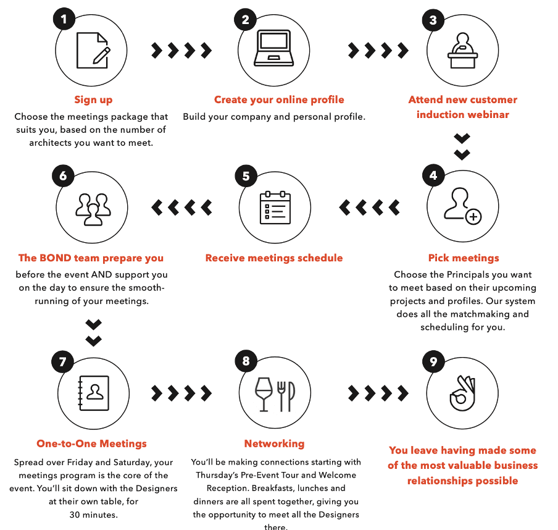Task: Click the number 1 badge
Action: [x=64, y=19]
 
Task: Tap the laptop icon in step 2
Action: [x=273, y=48]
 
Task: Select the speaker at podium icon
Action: [x=462, y=50]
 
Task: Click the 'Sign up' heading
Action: [x=93, y=99]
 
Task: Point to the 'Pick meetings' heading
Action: [x=464, y=258]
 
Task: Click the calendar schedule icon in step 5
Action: [x=275, y=208]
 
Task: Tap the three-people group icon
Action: [x=93, y=209]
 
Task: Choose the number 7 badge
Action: [x=62, y=361]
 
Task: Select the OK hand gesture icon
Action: [x=462, y=393]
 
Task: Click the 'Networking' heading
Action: [x=275, y=444]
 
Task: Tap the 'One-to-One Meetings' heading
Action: [x=91, y=444]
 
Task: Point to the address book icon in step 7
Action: [x=93, y=393]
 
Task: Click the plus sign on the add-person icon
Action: [x=473, y=217]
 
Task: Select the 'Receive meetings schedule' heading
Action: [x=274, y=258]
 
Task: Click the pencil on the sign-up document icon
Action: [x=101, y=56]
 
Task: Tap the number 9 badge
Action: [x=433, y=361]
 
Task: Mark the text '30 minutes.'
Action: [x=94, y=515]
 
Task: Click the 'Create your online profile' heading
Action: [x=279, y=99]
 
